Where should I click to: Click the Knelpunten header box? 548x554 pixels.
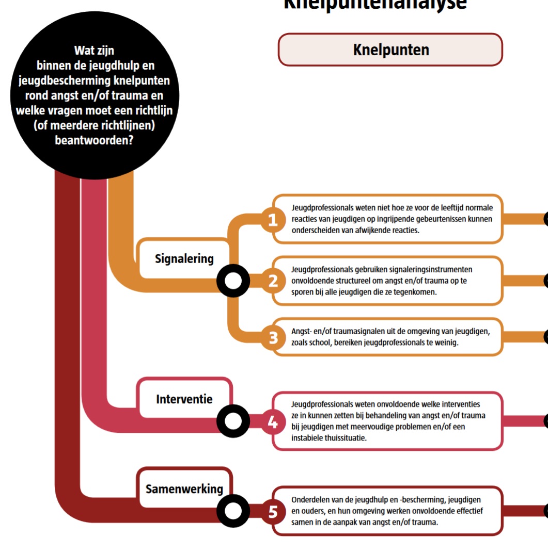point(390,50)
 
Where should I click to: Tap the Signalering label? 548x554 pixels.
point(184,259)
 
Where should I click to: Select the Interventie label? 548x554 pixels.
point(184,399)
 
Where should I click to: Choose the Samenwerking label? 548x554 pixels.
point(184,488)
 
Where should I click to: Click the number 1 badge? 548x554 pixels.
point(273,220)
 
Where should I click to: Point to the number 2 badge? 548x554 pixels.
point(273,281)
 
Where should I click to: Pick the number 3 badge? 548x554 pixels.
point(273,337)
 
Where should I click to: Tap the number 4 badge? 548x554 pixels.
point(273,422)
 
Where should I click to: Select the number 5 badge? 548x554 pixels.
point(273,512)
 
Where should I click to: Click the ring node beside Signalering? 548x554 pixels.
point(233,281)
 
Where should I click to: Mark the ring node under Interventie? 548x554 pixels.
point(233,422)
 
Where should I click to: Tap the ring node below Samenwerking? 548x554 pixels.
point(233,512)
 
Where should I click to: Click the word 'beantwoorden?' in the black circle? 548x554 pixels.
point(94,140)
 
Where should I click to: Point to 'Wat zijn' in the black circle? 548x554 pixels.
point(94,51)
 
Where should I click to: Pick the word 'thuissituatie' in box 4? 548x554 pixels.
point(327,438)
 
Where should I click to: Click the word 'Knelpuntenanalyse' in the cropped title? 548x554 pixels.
point(375,4)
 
